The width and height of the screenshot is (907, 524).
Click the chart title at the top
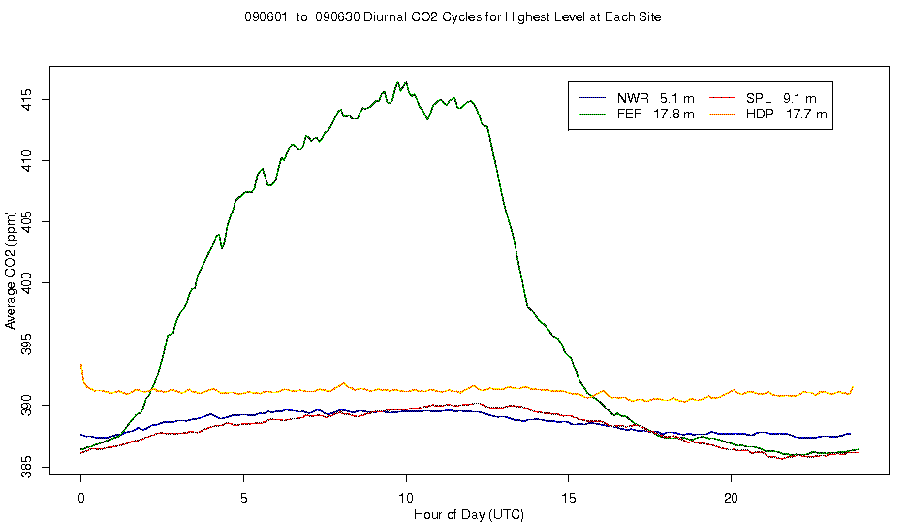pyautogui.click(x=453, y=17)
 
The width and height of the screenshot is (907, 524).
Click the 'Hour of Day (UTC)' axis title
pyautogui.click(x=454, y=512)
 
